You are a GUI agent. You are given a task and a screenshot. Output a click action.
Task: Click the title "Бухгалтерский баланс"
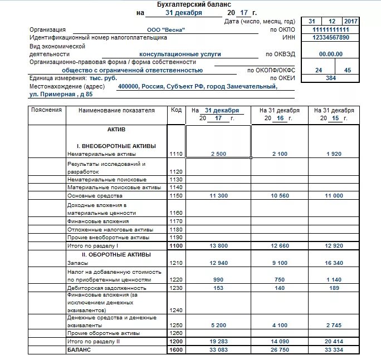pyautogui.click(x=190, y=4)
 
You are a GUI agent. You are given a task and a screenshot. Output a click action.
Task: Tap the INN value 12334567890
pyautogui.click(x=331, y=37)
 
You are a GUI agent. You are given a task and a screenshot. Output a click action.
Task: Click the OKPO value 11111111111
pyautogui.click(x=331, y=30)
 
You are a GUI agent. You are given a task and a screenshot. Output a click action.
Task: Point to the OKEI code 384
pyautogui.click(x=331, y=78)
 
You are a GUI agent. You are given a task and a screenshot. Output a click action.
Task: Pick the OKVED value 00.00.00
pyautogui.click(x=331, y=54)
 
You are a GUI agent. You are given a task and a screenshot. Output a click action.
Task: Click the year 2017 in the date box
pyautogui.click(x=350, y=21)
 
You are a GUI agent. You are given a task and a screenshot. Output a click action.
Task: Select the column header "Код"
pyautogui.click(x=176, y=110)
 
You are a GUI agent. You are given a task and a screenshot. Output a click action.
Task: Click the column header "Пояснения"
pyautogui.click(x=47, y=110)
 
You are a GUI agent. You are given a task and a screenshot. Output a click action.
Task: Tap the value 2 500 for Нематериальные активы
pyautogui.click(x=218, y=154)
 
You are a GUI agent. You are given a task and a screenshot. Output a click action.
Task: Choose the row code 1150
pyautogui.click(x=176, y=196)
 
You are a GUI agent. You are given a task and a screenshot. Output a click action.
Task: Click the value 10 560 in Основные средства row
pyautogui.click(x=280, y=196)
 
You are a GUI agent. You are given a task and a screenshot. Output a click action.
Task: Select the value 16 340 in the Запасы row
pyautogui.click(x=333, y=263)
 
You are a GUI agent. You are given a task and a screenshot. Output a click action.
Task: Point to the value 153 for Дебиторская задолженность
pyautogui.click(x=218, y=288)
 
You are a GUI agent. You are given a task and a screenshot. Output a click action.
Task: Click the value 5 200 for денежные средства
pyautogui.click(x=218, y=325)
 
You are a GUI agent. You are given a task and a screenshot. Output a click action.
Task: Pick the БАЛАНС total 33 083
pyautogui.click(x=218, y=350)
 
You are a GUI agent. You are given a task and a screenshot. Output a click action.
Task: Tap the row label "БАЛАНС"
pyautogui.click(x=79, y=350)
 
